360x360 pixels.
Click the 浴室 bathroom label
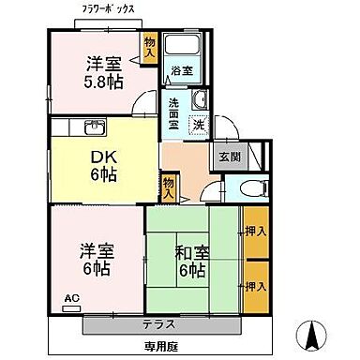click(x=181, y=69)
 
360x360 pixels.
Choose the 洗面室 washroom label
click(x=174, y=112)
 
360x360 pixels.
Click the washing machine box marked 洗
click(x=198, y=124)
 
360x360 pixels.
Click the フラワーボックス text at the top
click(x=108, y=8)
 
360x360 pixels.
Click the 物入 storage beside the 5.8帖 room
click(x=150, y=47)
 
